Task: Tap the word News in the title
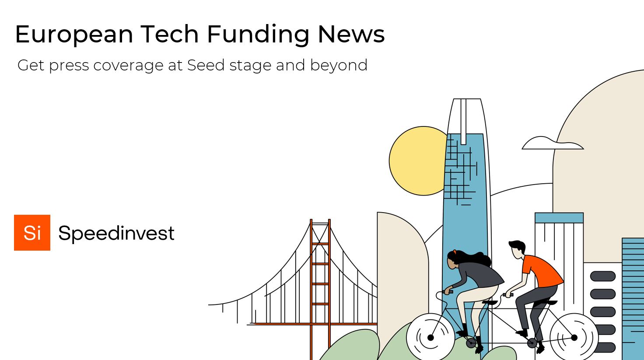351,34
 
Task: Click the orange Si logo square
32,233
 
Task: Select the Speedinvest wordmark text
116,233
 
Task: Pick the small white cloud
552,143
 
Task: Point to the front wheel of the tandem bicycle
430,337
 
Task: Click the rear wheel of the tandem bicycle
574,337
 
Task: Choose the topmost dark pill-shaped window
602,276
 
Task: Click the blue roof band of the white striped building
559,218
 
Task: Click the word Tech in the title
170,34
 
